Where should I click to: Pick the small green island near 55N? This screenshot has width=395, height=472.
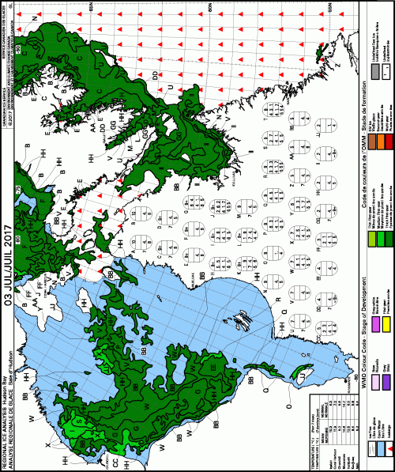(x=320, y=49)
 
